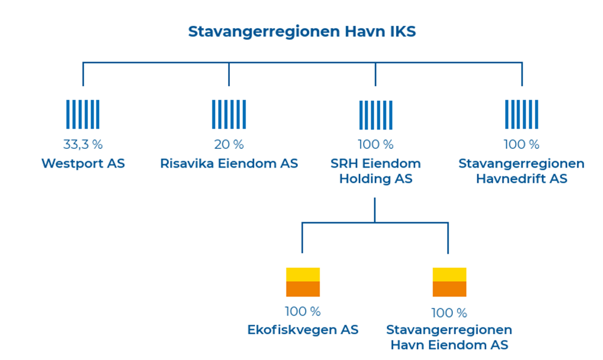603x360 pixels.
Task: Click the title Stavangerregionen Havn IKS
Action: pyautogui.click(x=302, y=32)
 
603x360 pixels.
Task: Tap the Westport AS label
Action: pyautogui.click(x=83, y=163)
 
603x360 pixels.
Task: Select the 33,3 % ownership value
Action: pyautogui.click(x=83, y=144)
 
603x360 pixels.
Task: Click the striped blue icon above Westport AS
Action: pyautogui.click(x=83, y=114)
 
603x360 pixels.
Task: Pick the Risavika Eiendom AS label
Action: pyautogui.click(x=229, y=163)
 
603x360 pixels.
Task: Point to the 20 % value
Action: pyautogui.click(x=229, y=144)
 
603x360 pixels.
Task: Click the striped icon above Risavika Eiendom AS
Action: pyautogui.click(x=229, y=114)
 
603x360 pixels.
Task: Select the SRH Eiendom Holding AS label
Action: pyautogui.click(x=376, y=171)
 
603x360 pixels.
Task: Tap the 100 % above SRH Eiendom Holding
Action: pyautogui.click(x=376, y=144)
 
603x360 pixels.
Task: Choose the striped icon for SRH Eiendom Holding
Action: pyautogui.click(x=376, y=116)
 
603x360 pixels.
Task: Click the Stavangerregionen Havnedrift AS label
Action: pyautogui.click(x=521, y=171)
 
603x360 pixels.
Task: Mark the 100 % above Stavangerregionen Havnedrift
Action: pyautogui.click(x=521, y=144)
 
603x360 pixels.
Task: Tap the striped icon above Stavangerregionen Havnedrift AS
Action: pyautogui.click(x=521, y=114)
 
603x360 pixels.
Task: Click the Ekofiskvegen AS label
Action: pyautogui.click(x=303, y=330)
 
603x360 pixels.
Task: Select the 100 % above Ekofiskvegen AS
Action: pyautogui.click(x=303, y=311)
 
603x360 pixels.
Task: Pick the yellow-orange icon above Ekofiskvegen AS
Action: pyautogui.click(x=303, y=282)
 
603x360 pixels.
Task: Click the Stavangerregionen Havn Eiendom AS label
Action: pyautogui.click(x=449, y=337)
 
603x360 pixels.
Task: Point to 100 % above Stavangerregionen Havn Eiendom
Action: pyautogui.click(x=449, y=313)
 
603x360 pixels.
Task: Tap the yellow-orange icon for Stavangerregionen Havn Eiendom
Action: pyautogui.click(x=449, y=282)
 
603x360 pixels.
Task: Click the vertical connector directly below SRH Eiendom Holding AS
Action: pyautogui.click(x=375, y=210)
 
